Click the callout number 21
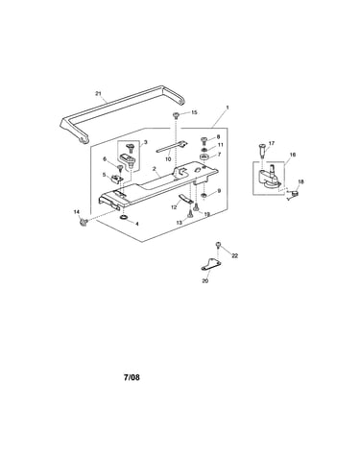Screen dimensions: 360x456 (x=98, y=93)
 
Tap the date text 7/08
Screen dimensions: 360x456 (x=132, y=377)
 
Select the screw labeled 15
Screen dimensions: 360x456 (x=176, y=114)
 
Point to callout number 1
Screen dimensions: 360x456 (x=228, y=108)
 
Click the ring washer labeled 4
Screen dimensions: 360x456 (x=123, y=218)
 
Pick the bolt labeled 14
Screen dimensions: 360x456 (x=84, y=221)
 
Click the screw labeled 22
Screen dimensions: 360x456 (x=219, y=245)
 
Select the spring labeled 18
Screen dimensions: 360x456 (x=293, y=194)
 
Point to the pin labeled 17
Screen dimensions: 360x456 (x=261, y=150)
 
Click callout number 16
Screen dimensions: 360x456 (x=293, y=155)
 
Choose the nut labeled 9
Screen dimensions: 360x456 (x=204, y=195)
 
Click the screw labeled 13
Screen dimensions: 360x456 (x=190, y=213)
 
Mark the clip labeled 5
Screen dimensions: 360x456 (x=115, y=178)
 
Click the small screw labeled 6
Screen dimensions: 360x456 (x=120, y=168)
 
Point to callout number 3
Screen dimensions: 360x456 (x=145, y=142)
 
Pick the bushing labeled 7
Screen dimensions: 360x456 (x=204, y=157)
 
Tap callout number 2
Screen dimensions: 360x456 (x=155, y=168)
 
